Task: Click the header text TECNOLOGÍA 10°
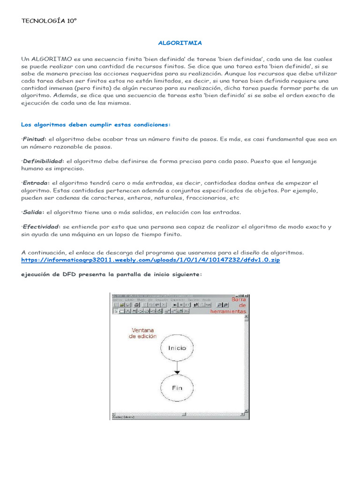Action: (x=49, y=21)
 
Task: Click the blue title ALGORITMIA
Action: (x=180, y=43)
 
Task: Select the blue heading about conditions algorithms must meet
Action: (x=96, y=124)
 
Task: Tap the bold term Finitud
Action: (x=33, y=139)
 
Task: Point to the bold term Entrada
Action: (x=35, y=183)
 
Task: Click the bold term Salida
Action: (x=33, y=212)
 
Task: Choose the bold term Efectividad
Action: (x=40, y=226)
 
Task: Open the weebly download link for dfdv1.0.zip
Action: (x=150, y=259)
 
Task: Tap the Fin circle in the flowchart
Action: (x=176, y=388)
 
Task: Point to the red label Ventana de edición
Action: (x=143, y=333)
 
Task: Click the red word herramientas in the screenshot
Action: (x=228, y=311)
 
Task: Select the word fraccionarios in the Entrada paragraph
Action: (x=203, y=197)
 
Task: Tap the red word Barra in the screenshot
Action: (x=238, y=299)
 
